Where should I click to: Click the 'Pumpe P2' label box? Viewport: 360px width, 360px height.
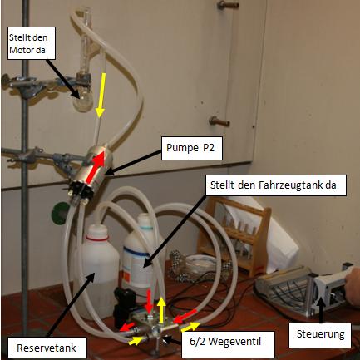(192, 148)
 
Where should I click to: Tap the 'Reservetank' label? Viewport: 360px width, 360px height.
(47, 348)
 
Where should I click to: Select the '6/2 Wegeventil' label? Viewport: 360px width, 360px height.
(228, 341)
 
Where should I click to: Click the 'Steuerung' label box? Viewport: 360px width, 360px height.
(321, 335)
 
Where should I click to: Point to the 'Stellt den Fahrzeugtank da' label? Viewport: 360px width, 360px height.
(276, 185)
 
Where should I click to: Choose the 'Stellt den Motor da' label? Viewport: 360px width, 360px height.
(32, 43)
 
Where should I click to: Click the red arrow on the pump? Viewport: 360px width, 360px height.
(96, 167)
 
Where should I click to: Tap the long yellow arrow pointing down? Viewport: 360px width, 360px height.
(100, 95)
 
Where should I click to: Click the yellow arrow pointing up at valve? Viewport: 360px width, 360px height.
(160, 310)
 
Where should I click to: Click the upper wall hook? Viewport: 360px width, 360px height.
(228, 5)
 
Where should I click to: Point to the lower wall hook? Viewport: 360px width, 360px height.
(219, 121)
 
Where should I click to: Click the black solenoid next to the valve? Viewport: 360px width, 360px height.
(125, 306)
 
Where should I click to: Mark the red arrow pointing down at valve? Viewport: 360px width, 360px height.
(149, 301)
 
